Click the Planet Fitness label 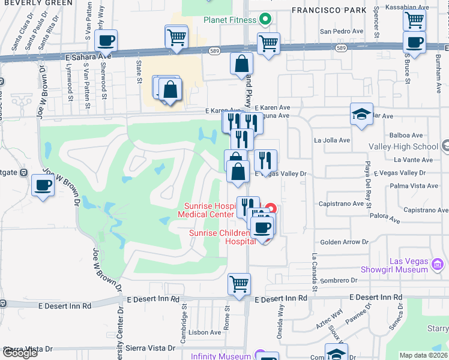coord(230,20)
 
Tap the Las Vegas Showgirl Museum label coord(393,265)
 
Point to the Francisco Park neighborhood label coord(328,10)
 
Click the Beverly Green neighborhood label coord(36,3)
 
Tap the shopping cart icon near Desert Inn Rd coord(240,283)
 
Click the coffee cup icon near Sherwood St coord(106,41)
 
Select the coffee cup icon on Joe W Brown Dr coord(43,185)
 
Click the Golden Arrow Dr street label coord(345,242)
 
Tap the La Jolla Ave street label coord(332,140)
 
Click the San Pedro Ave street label coord(342,31)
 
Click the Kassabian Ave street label coord(424,7)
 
